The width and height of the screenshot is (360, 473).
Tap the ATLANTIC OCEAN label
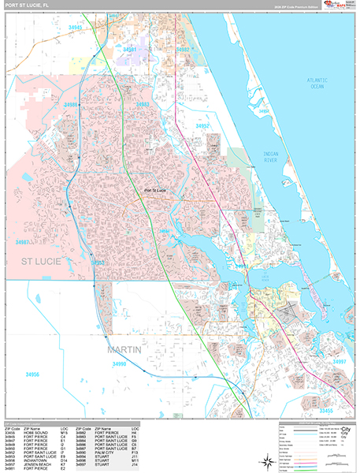[318, 83]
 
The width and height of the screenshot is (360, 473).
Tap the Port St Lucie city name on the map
[154, 190]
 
